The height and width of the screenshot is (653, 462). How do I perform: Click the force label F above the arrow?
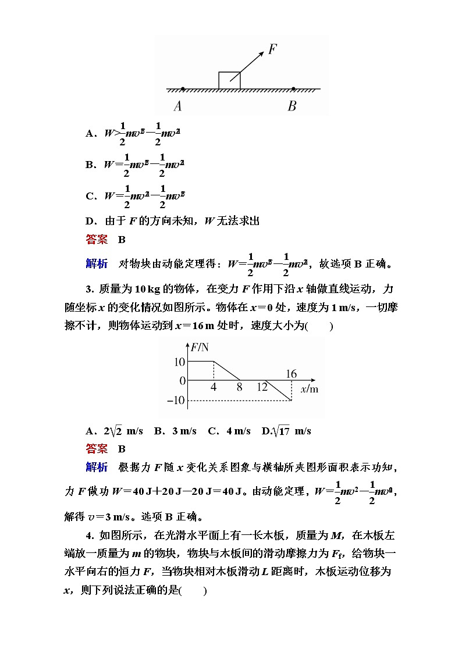272,49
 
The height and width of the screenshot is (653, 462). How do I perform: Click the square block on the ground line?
229,80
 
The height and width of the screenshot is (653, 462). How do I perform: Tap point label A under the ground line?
177,106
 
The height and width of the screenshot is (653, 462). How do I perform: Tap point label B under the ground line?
292,106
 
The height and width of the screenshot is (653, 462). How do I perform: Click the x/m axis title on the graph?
310,389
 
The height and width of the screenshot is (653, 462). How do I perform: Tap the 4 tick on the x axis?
214,387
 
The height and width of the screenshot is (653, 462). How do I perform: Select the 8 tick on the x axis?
239,387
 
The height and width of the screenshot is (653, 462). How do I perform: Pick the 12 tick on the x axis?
262,387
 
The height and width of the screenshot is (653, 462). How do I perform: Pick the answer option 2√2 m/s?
114,431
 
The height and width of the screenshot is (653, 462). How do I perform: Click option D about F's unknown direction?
172,220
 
